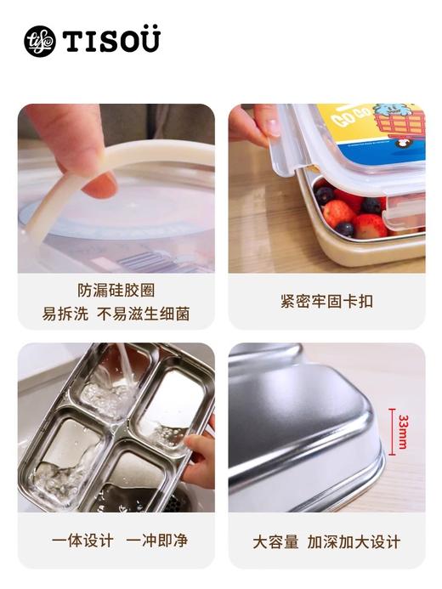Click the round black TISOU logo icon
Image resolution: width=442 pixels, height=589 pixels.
pyautogui.click(x=39, y=41)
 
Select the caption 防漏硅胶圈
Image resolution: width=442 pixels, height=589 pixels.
pyautogui.click(x=116, y=291)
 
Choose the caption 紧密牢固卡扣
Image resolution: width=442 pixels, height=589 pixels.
pyautogui.click(x=326, y=301)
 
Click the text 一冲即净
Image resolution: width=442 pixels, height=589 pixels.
pyautogui.click(x=157, y=541)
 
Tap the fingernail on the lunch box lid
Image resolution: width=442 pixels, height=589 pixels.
pyautogui.click(x=272, y=127)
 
